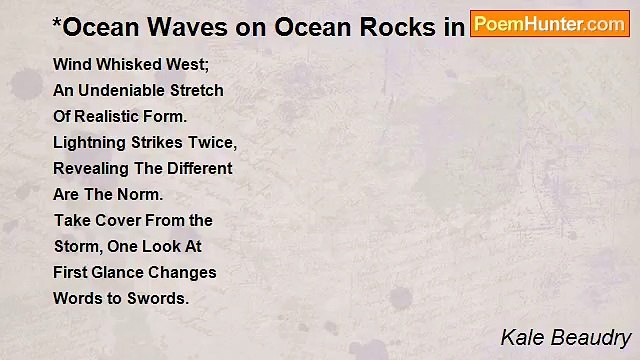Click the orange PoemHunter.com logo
(x=549, y=23)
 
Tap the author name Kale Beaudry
(x=565, y=337)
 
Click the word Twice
(x=213, y=142)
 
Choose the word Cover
(x=115, y=220)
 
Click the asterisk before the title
(x=58, y=21)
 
